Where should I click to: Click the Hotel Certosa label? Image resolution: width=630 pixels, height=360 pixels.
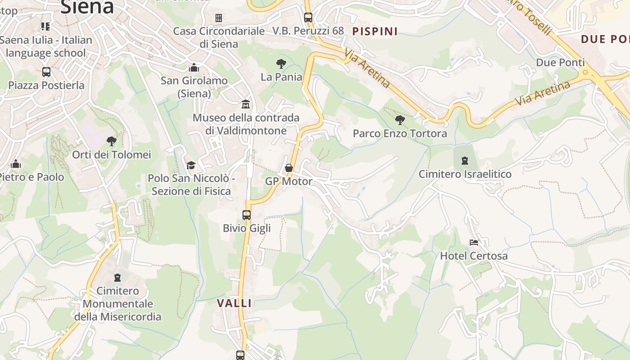tap(473, 256)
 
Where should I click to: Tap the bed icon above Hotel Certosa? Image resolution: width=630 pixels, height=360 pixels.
tap(474, 242)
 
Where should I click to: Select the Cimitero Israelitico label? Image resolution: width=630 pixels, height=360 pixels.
tap(465, 174)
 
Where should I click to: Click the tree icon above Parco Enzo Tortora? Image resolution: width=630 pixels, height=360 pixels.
tap(400, 120)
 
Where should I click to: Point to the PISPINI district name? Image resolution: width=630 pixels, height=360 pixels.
tap(375, 31)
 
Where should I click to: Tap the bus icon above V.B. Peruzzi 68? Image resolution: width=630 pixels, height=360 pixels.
tap(308, 18)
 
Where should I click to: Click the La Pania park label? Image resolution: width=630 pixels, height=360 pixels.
tap(281, 76)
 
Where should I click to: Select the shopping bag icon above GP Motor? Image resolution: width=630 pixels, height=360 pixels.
tap(289, 168)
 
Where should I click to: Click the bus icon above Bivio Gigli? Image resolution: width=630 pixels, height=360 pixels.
tap(247, 215)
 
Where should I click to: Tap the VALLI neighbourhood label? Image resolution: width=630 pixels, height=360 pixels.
tap(234, 303)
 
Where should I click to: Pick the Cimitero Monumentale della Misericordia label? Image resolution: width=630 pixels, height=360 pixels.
tap(117, 304)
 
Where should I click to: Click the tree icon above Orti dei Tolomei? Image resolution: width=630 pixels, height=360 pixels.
tap(111, 141)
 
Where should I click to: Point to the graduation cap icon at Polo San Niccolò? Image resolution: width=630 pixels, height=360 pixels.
tap(191, 165)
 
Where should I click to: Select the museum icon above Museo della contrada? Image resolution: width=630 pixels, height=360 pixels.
tap(246, 104)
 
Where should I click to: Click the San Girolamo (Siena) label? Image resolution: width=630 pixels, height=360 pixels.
tap(194, 87)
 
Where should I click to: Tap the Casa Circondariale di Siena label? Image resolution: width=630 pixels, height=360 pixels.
tap(219, 37)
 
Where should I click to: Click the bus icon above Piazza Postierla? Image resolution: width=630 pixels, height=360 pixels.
tap(46, 72)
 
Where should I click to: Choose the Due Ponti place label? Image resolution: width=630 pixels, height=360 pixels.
tap(560, 62)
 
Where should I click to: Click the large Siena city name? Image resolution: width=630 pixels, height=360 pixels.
tap(87, 6)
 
